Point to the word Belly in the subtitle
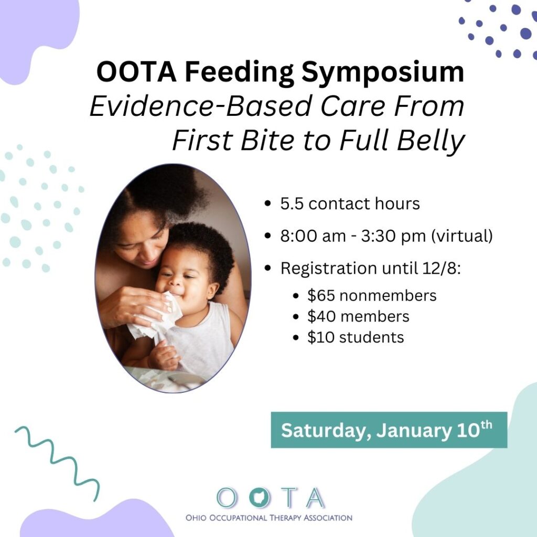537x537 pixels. (431, 141)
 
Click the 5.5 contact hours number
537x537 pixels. (292, 204)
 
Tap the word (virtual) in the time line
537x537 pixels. (461, 236)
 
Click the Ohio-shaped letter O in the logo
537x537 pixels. (260, 498)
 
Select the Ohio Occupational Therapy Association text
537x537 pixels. (269, 518)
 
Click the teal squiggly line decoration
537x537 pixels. (58, 463)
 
